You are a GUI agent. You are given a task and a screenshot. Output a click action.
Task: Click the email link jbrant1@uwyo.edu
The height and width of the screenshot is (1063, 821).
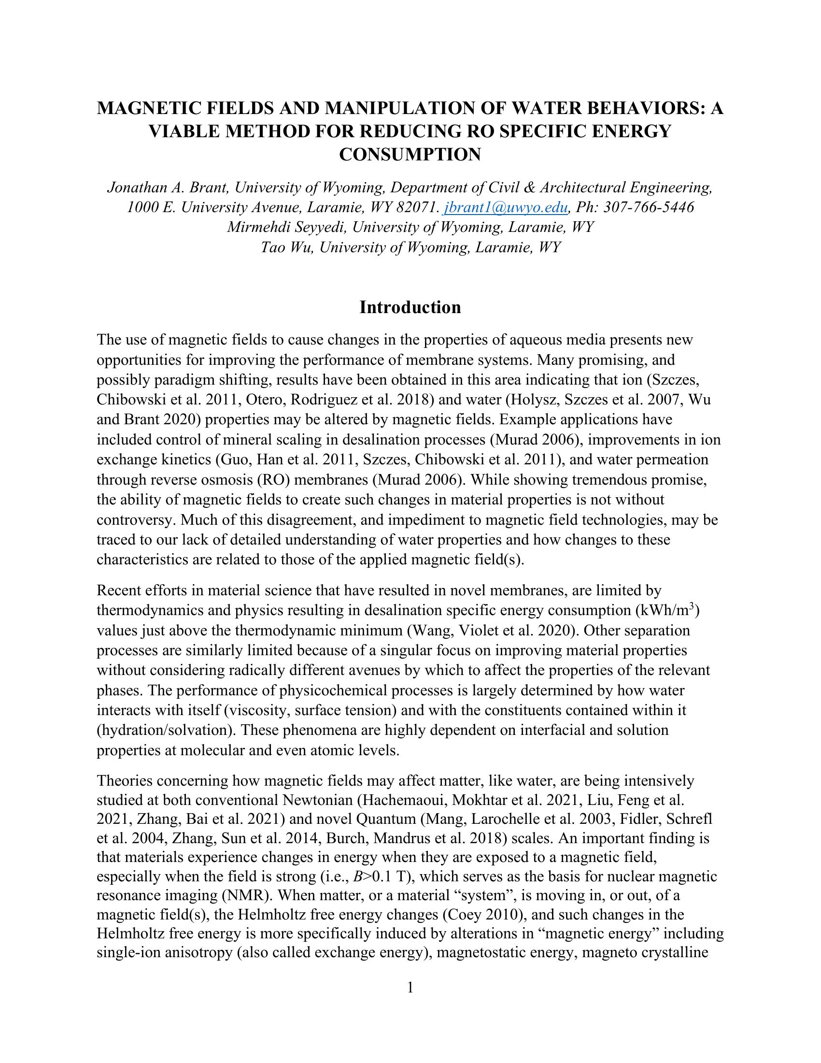pyautogui.click(x=505, y=207)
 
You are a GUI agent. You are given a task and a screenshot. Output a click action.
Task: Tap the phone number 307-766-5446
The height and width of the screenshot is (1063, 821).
pyautogui.click(x=649, y=207)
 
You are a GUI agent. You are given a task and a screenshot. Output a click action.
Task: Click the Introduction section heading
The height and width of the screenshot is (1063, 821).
pyautogui.click(x=410, y=308)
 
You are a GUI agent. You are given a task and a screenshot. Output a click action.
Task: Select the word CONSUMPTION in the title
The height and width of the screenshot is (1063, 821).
pyautogui.click(x=410, y=155)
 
